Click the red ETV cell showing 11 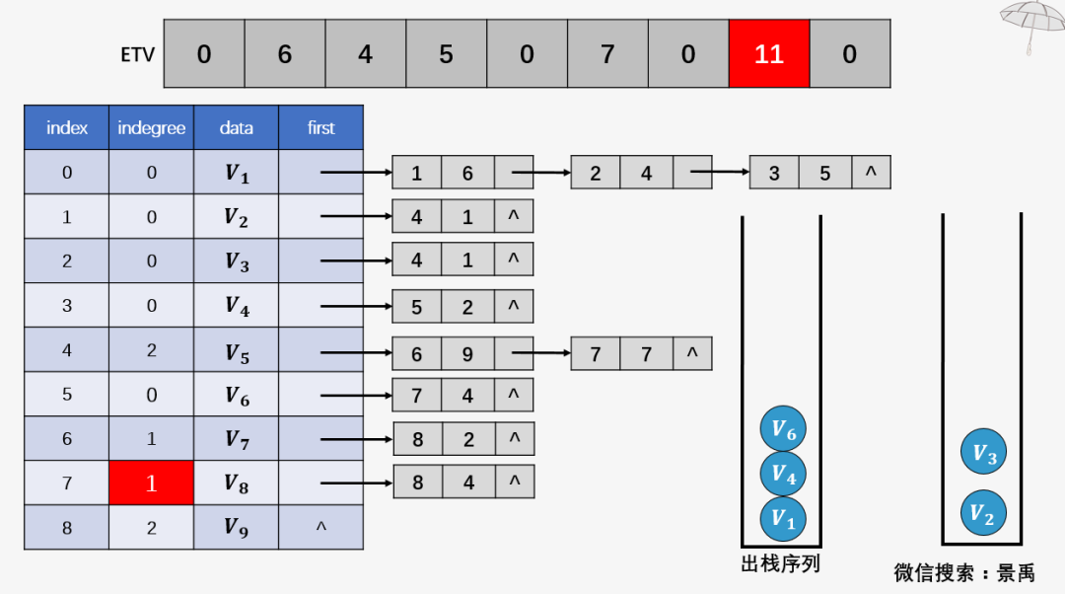coord(768,53)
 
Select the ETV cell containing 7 coord(607,53)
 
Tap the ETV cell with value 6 coord(285,53)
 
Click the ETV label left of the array coord(137,54)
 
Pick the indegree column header coord(151,127)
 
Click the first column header coord(320,127)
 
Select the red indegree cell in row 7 coord(151,483)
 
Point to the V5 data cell coord(236,350)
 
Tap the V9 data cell coord(236,528)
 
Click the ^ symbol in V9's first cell coord(320,528)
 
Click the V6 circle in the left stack coord(783,429)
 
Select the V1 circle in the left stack coord(783,518)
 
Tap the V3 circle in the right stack coord(984,453)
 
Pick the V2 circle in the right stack coord(984,513)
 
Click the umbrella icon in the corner coord(1032,22)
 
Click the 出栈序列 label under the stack coord(780,564)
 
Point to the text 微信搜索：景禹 coord(964,572)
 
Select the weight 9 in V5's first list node coord(467,352)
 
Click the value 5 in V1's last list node coord(824,174)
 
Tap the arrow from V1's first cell coord(355,173)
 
